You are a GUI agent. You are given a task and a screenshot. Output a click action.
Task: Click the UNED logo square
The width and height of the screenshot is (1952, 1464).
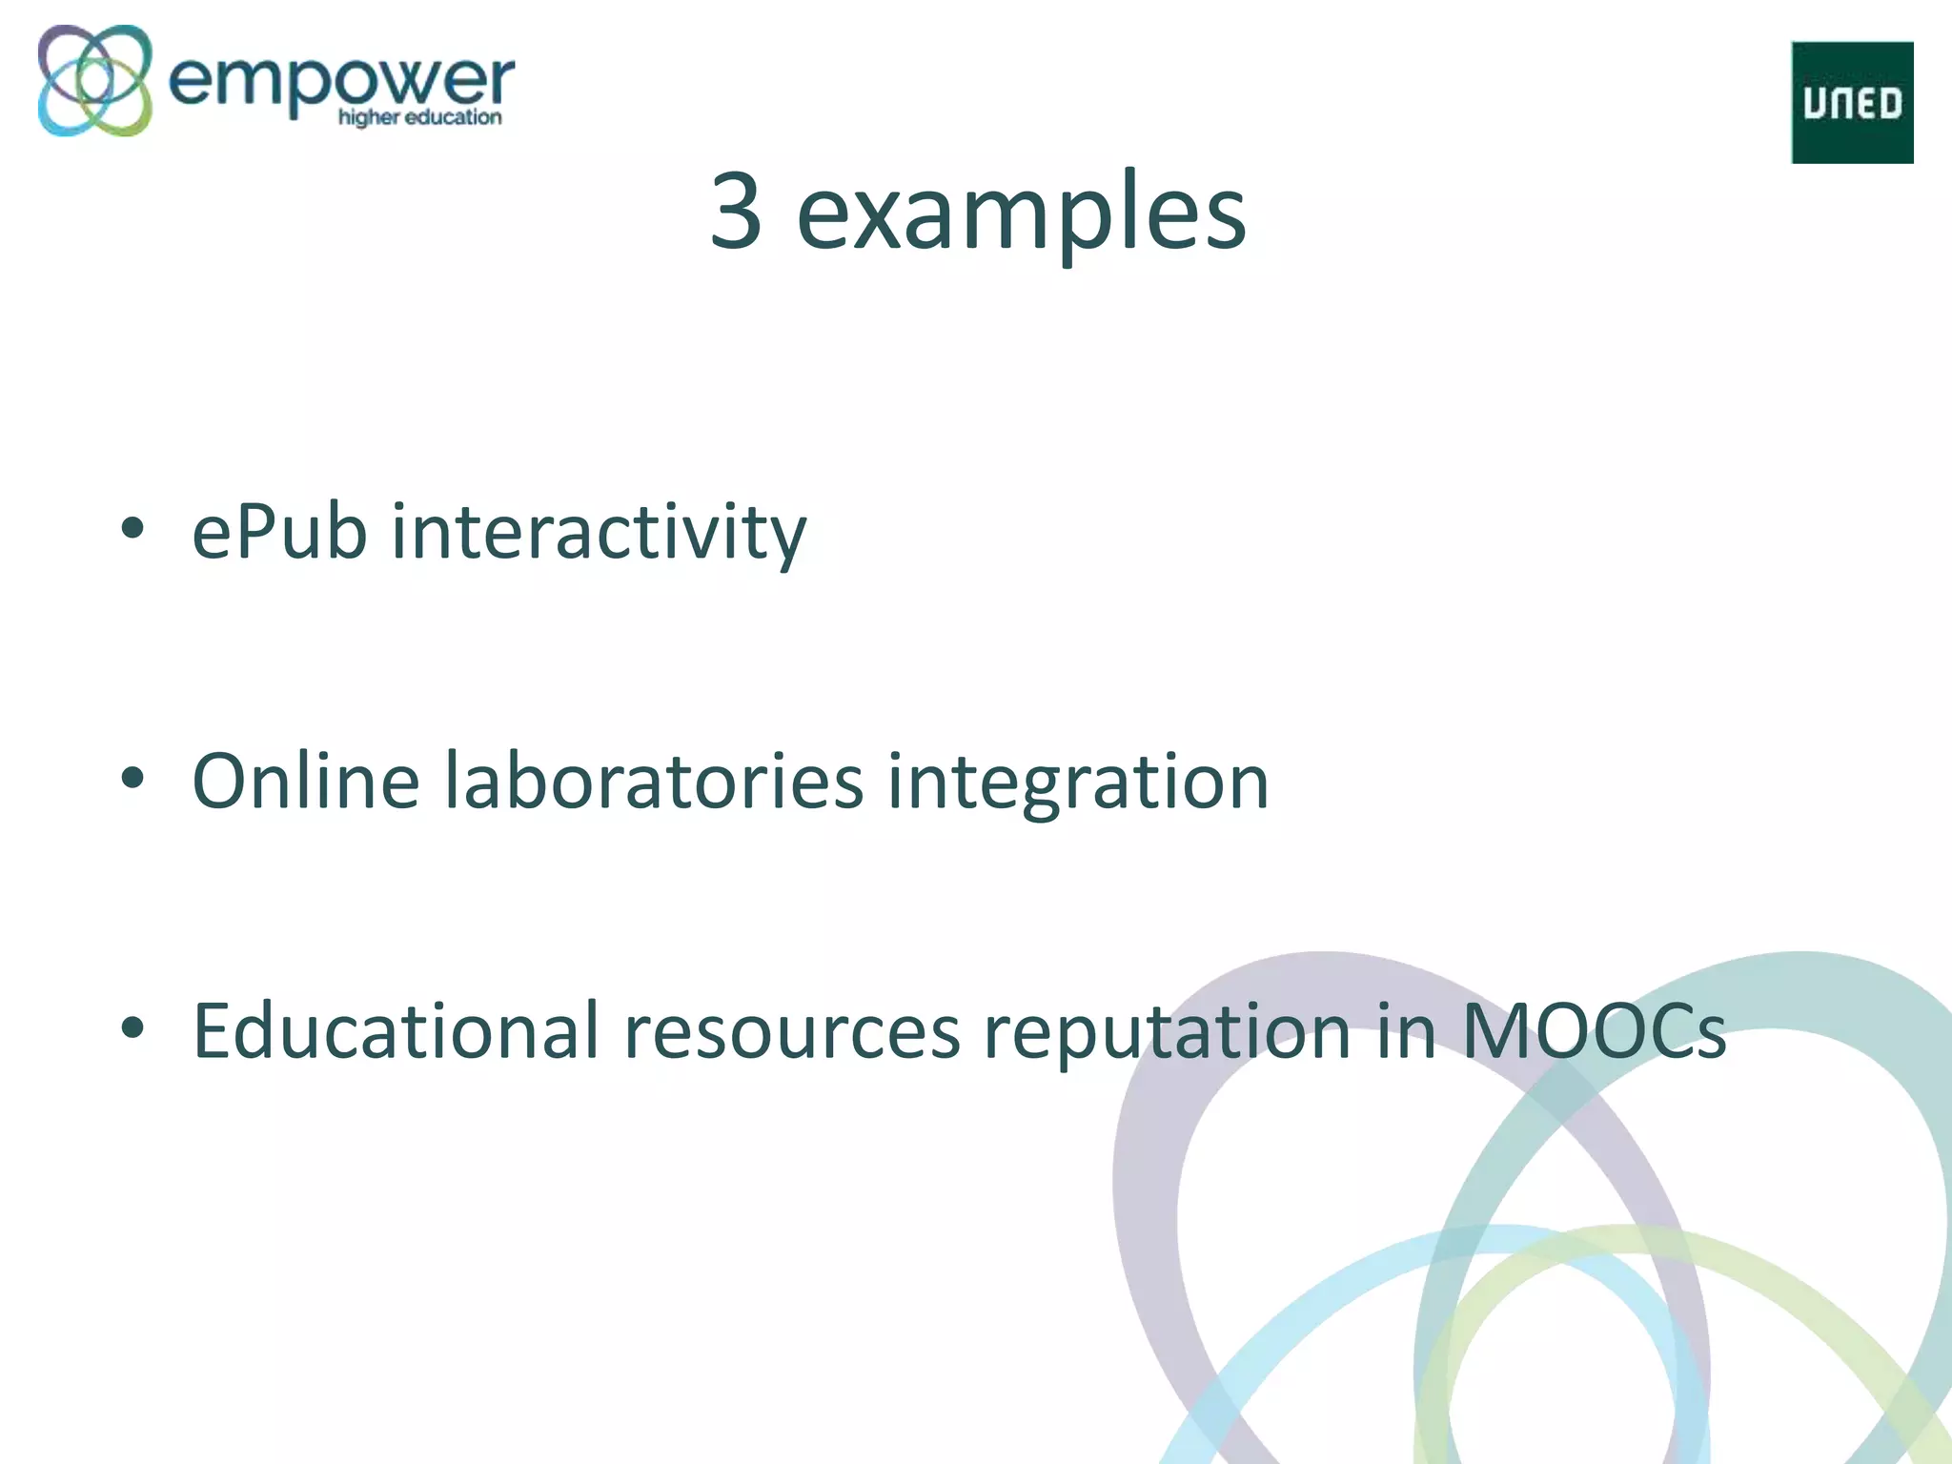pos(1852,102)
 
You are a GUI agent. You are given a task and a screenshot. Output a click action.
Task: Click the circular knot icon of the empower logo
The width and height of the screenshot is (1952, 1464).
pos(94,80)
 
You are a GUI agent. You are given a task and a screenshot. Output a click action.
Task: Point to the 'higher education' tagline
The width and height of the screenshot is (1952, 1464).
pos(419,118)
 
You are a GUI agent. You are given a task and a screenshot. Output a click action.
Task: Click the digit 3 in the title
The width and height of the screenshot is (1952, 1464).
pos(736,212)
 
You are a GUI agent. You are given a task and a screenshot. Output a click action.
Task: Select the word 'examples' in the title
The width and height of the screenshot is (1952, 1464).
pos(1021,213)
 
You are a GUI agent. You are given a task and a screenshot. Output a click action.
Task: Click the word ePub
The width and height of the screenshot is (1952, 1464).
pos(279,532)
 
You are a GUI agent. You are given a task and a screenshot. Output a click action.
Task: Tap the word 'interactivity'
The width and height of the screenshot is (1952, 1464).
pos(599,532)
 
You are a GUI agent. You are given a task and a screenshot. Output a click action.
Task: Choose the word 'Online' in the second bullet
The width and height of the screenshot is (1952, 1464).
pos(305,782)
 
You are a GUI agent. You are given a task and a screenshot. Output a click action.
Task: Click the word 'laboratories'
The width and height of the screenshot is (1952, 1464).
pos(654,782)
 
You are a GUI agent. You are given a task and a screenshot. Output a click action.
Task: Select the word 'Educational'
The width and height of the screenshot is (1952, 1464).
pos(396,1031)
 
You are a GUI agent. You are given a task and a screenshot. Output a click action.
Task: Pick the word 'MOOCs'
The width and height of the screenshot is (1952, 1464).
pos(1594,1031)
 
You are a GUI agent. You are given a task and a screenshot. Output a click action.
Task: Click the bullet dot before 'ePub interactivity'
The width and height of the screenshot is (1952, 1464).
pos(132,529)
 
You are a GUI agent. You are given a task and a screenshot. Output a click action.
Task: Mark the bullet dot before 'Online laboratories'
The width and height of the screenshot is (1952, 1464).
pos(132,779)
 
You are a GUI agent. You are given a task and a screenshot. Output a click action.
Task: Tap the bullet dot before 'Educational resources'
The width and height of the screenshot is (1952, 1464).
pos(132,1028)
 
